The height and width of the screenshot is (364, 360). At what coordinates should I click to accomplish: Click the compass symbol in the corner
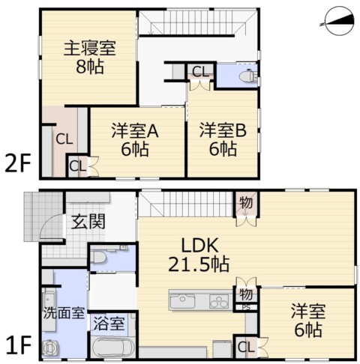click(340, 22)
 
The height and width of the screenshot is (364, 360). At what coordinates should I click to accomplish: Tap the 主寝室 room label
click(90, 49)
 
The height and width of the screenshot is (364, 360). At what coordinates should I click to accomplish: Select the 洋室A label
click(135, 130)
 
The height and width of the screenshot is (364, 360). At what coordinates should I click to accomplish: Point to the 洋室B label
click(223, 130)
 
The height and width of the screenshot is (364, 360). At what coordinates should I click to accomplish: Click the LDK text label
click(199, 246)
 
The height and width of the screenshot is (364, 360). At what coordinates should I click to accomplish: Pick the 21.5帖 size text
click(199, 264)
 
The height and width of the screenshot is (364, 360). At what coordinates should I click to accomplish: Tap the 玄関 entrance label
click(88, 222)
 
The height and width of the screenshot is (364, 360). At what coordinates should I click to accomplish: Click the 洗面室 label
click(64, 313)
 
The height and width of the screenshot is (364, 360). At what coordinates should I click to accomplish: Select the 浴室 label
click(109, 324)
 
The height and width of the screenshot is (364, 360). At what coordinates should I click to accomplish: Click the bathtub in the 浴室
click(113, 347)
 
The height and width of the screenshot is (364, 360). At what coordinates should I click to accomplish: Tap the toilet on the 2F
click(247, 76)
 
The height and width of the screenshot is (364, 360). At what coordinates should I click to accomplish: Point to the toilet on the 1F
click(98, 257)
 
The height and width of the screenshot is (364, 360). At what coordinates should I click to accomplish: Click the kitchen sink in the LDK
click(182, 300)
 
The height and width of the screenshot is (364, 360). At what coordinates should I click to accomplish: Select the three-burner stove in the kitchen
click(219, 301)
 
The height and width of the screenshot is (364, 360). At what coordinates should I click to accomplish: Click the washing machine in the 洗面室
click(51, 347)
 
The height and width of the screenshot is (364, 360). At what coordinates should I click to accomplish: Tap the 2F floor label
click(18, 163)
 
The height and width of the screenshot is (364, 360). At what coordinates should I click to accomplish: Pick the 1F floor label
click(19, 345)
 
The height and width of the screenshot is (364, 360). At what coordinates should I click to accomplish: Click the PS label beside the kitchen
click(246, 308)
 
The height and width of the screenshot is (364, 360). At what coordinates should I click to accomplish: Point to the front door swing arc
click(49, 222)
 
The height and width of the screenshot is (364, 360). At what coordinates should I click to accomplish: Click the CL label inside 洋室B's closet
click(200, 72)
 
